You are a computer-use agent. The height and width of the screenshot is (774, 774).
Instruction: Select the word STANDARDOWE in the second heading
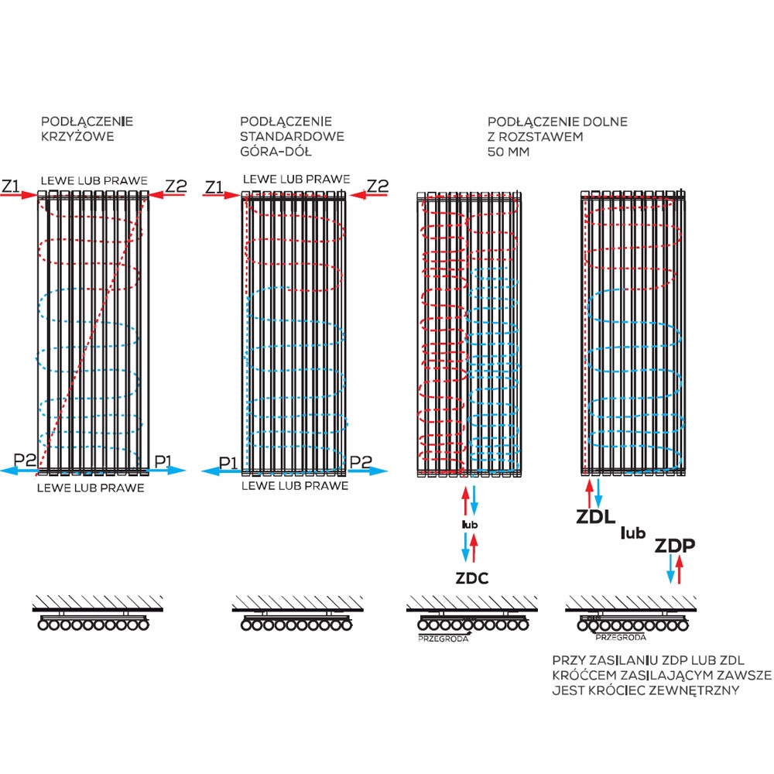click(x=292, y=136)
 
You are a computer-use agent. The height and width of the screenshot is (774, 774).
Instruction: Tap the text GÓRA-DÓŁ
click(x=276, y=151)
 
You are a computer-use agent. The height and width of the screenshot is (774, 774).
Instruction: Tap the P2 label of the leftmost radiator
click(x=25, y=461)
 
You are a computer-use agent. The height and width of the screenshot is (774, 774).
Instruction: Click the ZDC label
click(x=471, y=577)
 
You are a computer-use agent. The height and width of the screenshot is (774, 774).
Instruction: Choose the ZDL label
click(x=596, y=516)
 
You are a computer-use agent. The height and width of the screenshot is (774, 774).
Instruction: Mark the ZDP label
click(x=675, y=546)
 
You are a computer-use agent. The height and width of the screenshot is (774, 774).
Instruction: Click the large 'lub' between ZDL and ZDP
click(x=634, y=532)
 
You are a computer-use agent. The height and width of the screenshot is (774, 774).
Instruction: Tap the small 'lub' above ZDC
click(x=470, y=525)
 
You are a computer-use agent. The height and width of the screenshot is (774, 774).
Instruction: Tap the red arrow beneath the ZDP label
click(x=680, y=570)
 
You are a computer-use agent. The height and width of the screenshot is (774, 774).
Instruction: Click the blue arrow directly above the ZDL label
click(x=598, y=491)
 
